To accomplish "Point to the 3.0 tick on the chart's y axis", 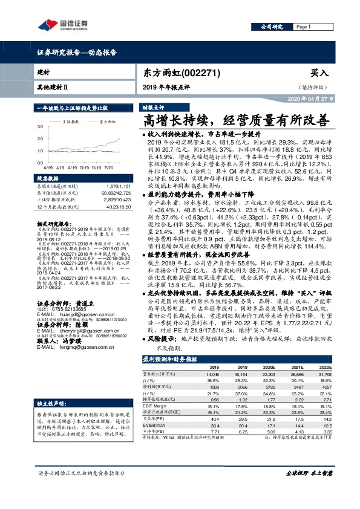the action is click(x=40, y=127).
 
